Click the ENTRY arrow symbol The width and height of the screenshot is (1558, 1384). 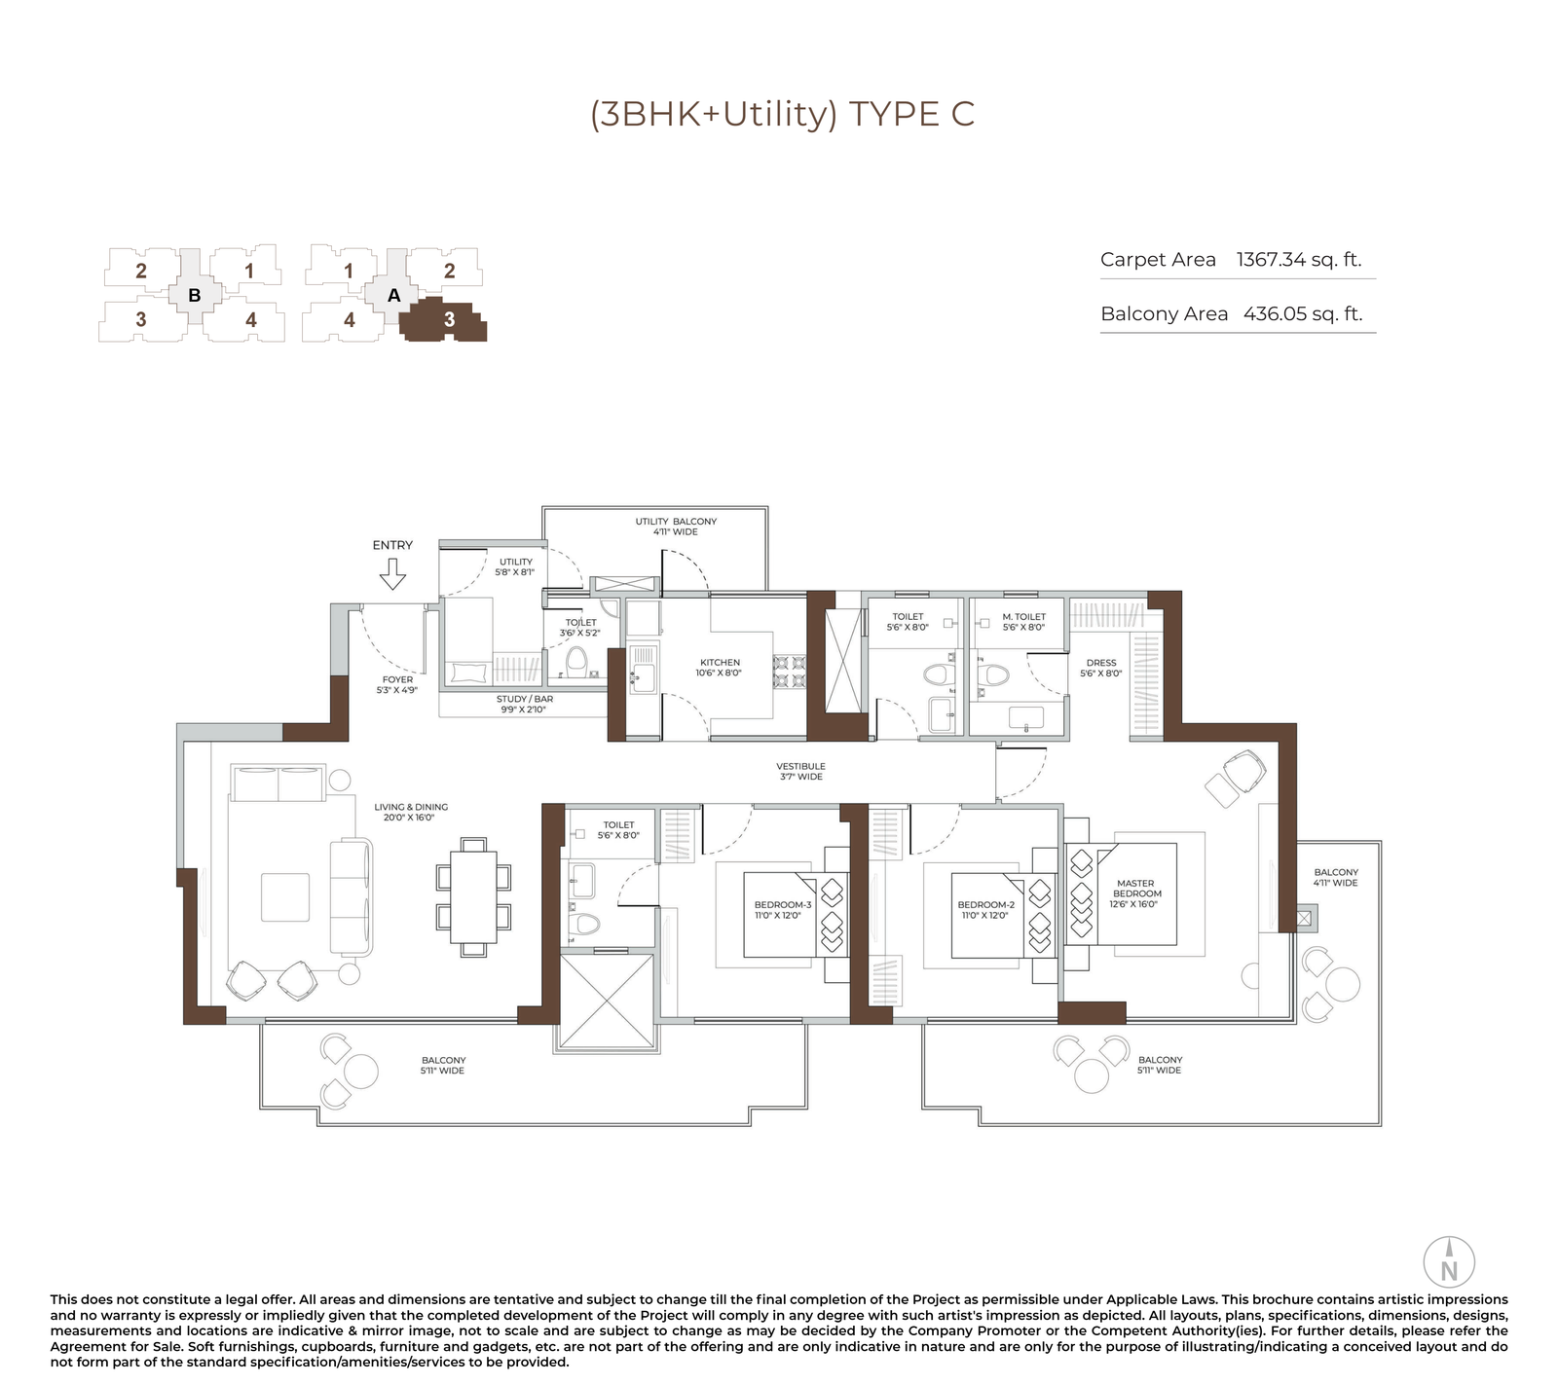click(x=392, y=578)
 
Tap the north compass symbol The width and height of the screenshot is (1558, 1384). click(x=1449, y=1263)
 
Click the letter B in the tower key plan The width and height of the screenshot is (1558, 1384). click(x=195, y=295)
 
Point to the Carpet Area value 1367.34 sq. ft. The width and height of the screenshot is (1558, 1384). click(x=1298, y=260)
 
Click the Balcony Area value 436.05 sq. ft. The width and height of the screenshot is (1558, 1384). click(x=1302, y=314)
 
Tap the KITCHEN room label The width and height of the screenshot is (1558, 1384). click(x=720, y=668)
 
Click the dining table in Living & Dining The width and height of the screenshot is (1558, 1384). click(x=473, y=896)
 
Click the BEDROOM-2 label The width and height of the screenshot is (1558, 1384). click(x=985, y=910)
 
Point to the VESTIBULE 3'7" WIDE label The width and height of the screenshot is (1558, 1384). click(x=800, y=771)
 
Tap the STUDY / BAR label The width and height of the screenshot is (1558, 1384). click(x=524, y=704)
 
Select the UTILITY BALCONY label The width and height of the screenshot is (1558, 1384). click(x=676, y=527)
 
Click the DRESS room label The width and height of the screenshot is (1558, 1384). click(x=1101, y=668)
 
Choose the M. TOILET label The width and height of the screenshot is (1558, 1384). click(x=1023, y=621)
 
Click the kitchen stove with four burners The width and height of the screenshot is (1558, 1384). click(x=789, y=673)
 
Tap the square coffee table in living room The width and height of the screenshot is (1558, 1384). click(x=285, y=896)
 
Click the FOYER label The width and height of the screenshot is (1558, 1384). click(x=397, y=684)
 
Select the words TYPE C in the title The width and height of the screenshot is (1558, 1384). click(x=911, y=114)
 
